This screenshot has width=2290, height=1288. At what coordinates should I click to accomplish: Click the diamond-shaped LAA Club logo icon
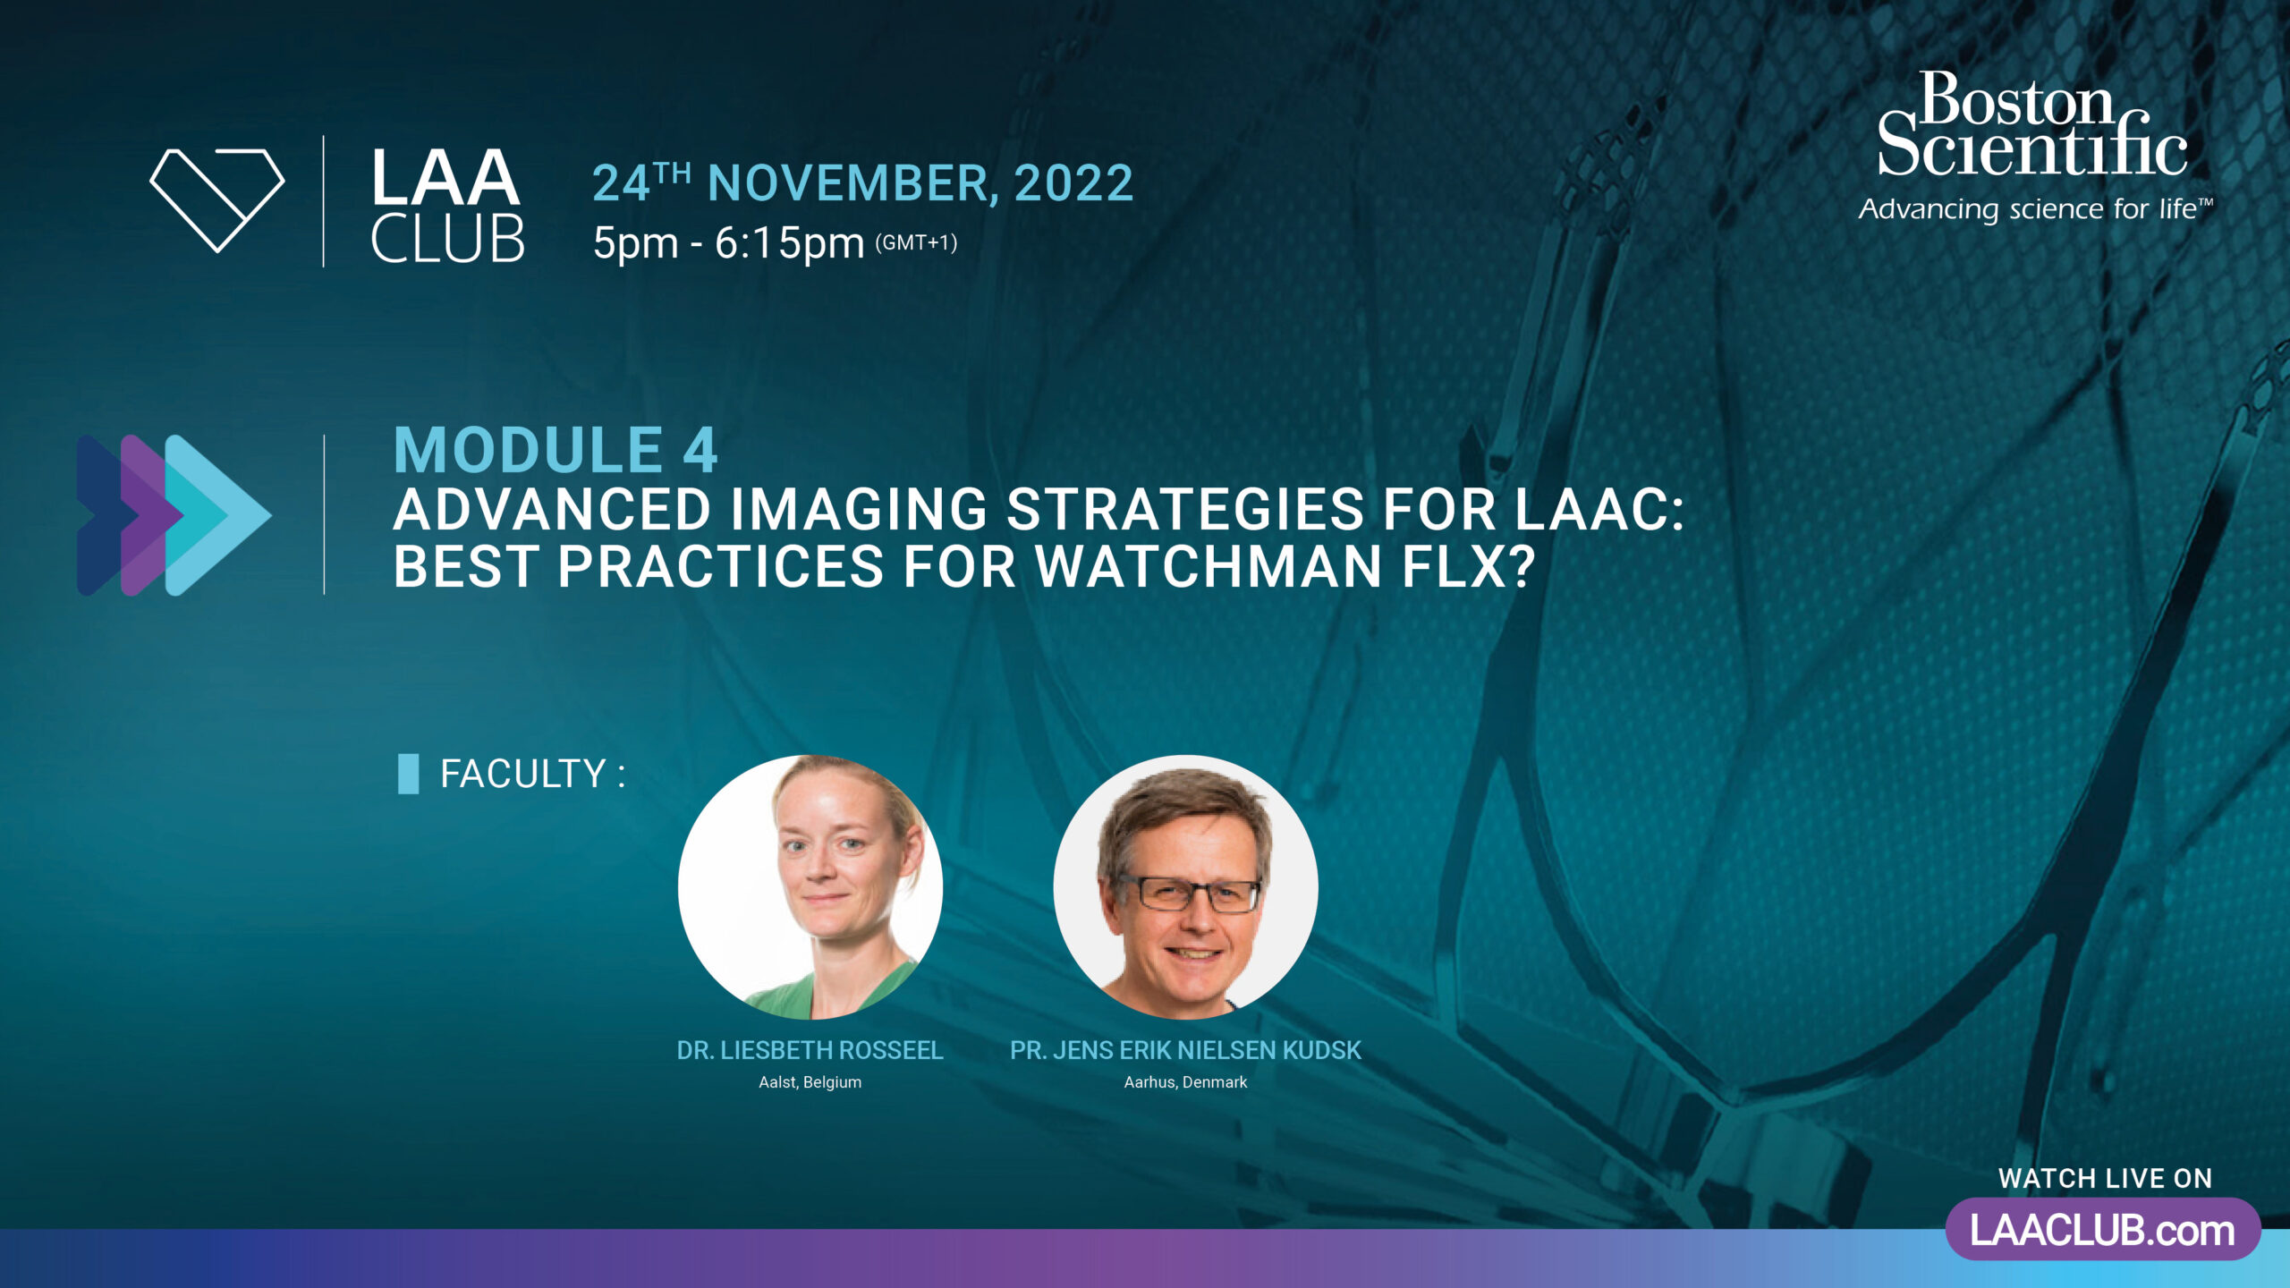pos(217,200)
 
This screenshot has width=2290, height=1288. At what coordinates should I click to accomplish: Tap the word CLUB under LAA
pos(447,240)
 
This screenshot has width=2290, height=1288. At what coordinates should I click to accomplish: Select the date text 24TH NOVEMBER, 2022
pos(863,183)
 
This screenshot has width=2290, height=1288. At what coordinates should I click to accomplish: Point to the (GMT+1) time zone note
pos(916,243)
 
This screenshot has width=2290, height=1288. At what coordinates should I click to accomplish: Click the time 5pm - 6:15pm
pos(728,243)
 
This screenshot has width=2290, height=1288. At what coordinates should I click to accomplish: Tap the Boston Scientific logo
pos(2032,125)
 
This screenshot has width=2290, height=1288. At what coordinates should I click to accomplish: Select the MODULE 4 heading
pos(556,450)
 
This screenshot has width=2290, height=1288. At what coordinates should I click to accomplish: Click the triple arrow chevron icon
pos(174,515)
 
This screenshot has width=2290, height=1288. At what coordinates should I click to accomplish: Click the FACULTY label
pos(532,774)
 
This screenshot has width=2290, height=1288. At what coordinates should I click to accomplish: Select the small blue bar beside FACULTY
pos(408,774)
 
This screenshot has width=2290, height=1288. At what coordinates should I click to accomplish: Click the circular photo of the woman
pos(810,887)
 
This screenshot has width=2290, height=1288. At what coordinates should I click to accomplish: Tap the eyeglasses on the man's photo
pos(1189,894)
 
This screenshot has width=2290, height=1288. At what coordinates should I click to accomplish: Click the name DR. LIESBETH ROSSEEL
pos(810,1050)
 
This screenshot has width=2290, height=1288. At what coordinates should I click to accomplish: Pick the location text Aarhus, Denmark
pos(1185,1082)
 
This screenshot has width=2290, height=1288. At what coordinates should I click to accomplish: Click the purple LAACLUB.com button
pos(2103,1230)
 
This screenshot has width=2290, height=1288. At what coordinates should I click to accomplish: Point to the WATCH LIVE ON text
pos(2106,1179)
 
